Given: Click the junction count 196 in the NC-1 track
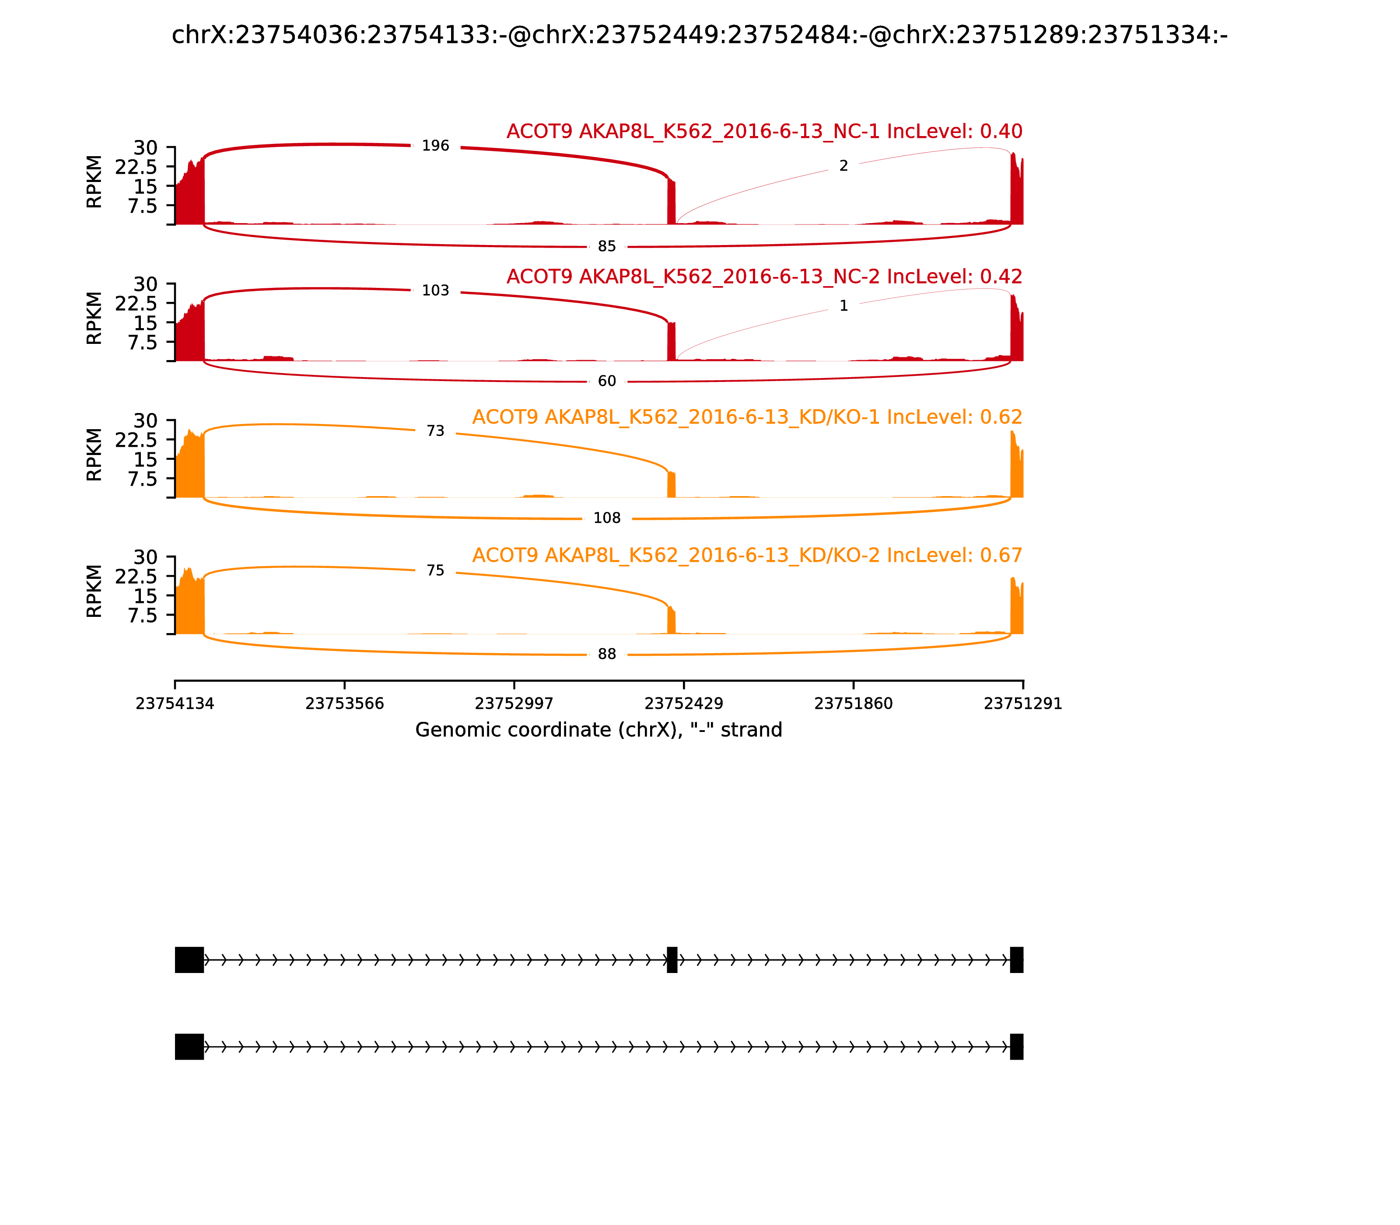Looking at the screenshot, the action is click(435, 146).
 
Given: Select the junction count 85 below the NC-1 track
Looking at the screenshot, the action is click(607, 246).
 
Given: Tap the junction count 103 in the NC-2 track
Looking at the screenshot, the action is click(435, 290).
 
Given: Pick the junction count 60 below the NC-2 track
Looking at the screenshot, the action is click(607, 381).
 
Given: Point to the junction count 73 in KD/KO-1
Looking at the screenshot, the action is click(435, 430).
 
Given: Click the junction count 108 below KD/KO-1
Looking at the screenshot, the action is click(607, 518).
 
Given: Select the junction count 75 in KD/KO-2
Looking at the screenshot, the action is click(435, 570).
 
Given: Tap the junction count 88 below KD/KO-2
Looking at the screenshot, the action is click(607, 654).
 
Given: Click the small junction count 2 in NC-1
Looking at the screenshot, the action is click(843, 165).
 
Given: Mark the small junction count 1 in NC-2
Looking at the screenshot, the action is click(843, 305).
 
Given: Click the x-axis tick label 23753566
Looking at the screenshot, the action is click(345, 703).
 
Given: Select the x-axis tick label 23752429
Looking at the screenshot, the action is click(683, 703).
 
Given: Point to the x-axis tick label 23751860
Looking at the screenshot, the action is click(853, 703).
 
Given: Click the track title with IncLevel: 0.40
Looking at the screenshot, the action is click(764, 131).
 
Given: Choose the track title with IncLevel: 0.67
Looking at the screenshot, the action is click(747, 555).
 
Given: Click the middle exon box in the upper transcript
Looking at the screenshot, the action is click(672, 960).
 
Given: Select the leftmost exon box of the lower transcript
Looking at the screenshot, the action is click(189, 1046).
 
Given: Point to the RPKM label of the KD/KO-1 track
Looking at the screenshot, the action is click(94, 455).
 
